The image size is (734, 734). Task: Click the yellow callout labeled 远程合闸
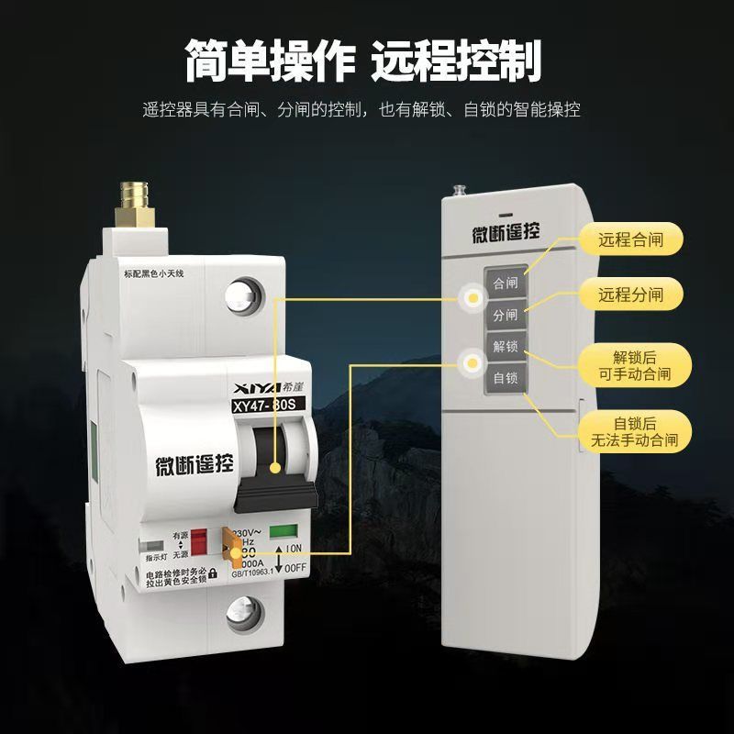pyautogui.click(x=629, y=241)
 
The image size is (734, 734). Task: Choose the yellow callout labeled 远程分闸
pyautogui.click(x=629, y=295)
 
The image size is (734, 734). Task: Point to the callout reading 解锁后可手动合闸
pyautogui.click(x=629, y=365)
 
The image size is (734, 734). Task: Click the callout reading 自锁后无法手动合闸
pyautogui.click(x=629, y=432)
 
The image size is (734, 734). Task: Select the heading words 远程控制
pyautogui.click(x=456, y=62)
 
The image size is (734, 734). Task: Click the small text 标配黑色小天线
pyautogui.click(x=153, y=272)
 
